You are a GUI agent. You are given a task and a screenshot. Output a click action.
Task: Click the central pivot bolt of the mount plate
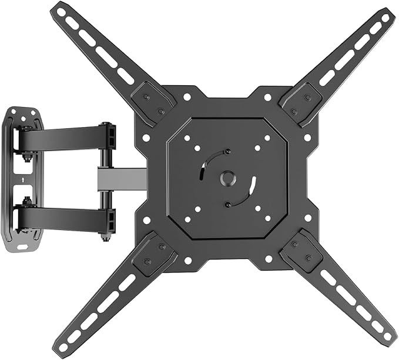(x=226, y=178)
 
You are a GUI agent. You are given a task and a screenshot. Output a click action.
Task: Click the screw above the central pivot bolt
(x=227, y=152)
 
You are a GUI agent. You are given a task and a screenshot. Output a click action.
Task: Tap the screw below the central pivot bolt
(x=227, y=204)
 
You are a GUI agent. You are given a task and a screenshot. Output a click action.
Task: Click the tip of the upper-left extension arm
(x=59, y=9)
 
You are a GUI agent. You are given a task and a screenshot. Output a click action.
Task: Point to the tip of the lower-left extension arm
(x=63, y=347)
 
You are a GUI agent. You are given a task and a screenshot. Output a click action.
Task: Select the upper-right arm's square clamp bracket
(x=297, y=101)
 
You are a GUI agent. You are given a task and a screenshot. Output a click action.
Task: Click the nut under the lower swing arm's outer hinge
(x=106, y=237)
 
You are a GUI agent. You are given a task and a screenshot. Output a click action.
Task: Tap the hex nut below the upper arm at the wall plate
(x=26, y=158)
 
